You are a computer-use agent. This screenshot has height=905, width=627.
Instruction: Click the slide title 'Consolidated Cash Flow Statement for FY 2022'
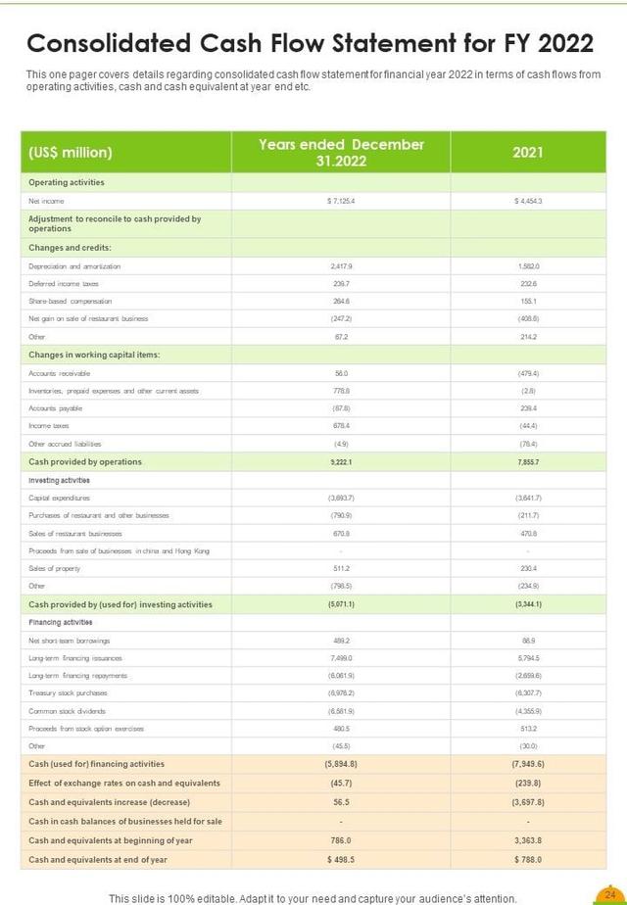(310, 44)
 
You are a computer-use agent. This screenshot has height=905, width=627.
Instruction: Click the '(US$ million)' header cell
(71, 153)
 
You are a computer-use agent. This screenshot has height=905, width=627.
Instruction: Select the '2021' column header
(527, 153)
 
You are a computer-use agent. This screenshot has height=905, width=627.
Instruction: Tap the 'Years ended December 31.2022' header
(341, 152)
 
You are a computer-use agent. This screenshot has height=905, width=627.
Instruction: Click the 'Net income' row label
(46, 201)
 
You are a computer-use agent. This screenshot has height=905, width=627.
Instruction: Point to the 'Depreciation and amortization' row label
(74, 265)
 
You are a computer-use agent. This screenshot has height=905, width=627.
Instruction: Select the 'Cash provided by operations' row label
(85, 462)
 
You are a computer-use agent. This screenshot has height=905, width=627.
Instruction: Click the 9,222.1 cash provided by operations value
(341, 462)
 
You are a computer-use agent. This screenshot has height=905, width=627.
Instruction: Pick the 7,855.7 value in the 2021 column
(527, 462)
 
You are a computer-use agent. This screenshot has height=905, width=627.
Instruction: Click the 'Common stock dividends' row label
(68, 710)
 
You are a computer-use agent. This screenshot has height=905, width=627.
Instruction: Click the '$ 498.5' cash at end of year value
(341, 859)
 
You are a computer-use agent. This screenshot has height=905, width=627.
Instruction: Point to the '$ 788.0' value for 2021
(527, 859)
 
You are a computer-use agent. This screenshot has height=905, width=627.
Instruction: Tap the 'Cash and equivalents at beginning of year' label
(111, 840)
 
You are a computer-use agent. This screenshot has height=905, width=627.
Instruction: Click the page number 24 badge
(609, 894)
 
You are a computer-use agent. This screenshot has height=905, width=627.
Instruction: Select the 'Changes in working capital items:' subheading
(94, 355)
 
